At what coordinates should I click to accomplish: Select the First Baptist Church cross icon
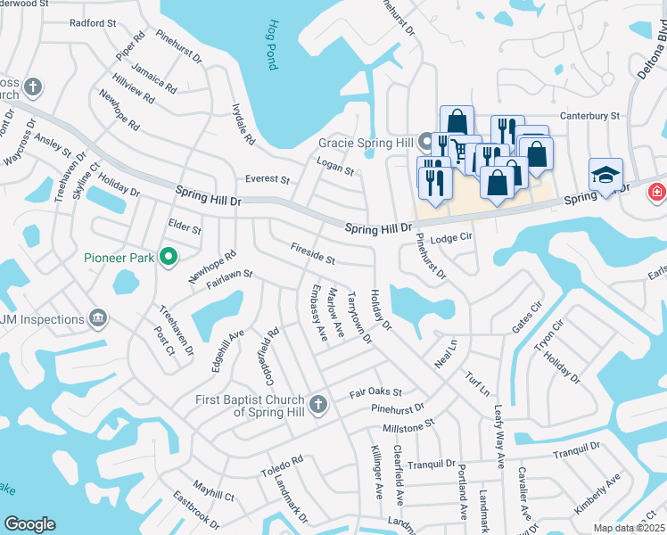click(317, 406)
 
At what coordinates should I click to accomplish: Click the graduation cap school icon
click(605, 174)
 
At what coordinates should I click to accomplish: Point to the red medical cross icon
click(657, 191)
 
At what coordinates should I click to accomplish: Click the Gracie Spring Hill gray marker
click(426, 142)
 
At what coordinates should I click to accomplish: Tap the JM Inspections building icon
click(98, 318)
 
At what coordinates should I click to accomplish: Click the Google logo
click(29, 524)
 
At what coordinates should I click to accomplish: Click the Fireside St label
click(312, 254)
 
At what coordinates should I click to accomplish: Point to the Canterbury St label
click(589, 116)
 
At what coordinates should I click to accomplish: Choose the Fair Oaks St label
click(376, 391)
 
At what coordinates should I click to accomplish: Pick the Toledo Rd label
click(283, 465)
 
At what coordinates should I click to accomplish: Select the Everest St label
click(268, 179)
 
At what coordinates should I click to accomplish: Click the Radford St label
click(87, 23)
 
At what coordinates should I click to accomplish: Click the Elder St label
click(185, 227)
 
